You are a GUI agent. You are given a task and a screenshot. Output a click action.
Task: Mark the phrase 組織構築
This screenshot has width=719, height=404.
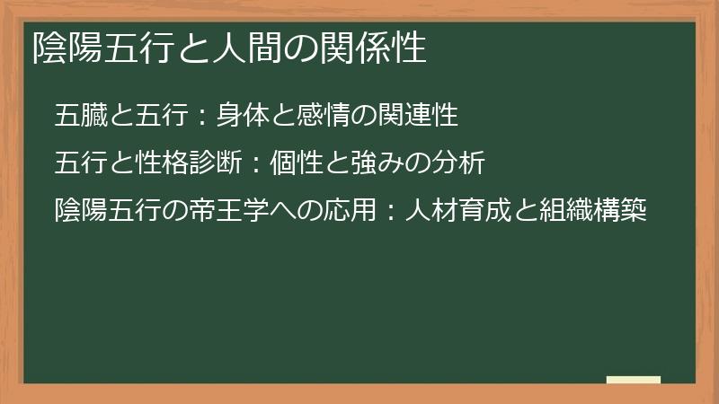pos(593,212)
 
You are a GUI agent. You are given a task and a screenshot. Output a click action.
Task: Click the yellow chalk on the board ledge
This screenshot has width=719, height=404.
pos(634,380)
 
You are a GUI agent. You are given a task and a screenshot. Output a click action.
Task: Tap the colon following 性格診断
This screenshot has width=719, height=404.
pos(255,165)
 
